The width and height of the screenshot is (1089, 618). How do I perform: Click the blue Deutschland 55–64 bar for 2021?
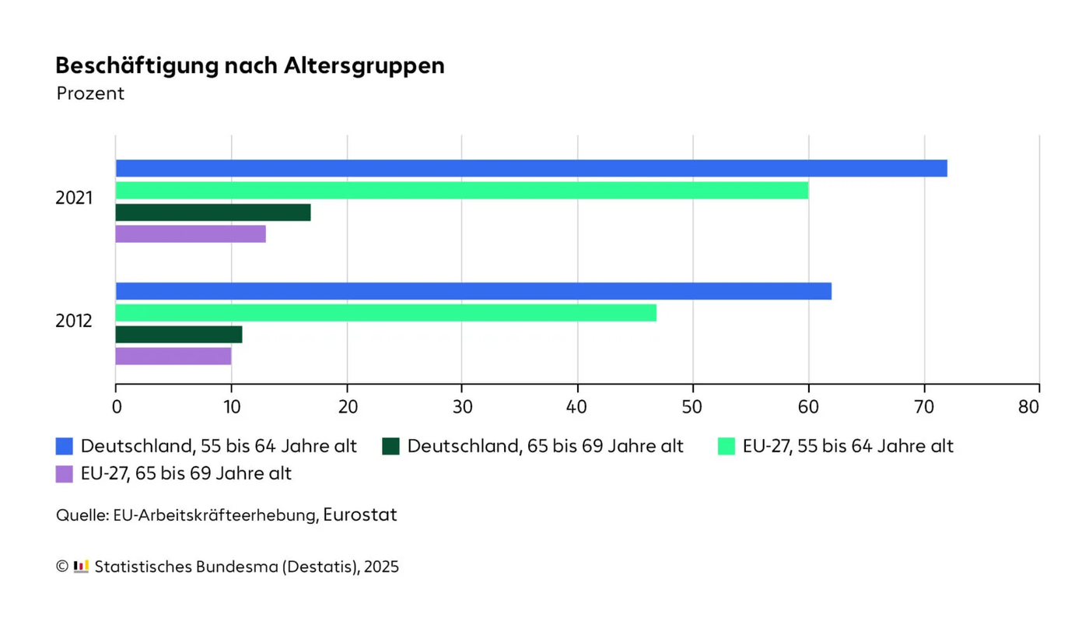click(531, 168)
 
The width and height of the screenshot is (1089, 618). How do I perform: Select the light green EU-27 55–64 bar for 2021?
click(462, 190)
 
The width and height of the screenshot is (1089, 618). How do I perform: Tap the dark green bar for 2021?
click(213, 212)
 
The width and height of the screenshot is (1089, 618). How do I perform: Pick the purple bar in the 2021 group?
click(191, 234)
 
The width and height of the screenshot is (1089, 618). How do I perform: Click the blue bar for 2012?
click(473, 291)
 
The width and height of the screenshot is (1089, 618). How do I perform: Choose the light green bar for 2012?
click(386, 313)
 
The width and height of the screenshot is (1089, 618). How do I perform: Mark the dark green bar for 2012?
click(179, 335)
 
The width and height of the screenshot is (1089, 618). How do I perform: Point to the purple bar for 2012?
click(173, 356)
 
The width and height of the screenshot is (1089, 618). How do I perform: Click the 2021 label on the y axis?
click(74, 198)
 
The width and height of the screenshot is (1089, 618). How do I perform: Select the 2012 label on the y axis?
click(74, 321)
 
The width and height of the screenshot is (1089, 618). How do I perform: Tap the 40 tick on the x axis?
click(577, 407)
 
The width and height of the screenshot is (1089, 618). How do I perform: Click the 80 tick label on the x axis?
click(1029, 407)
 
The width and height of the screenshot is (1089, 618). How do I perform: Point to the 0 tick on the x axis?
click(117, 407)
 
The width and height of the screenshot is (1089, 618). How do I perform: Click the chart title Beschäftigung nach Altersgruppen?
click(250, 66)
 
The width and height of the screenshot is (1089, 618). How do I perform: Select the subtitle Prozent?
click(90, 93)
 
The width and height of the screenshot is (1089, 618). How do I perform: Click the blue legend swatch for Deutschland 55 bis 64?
click(65, 446)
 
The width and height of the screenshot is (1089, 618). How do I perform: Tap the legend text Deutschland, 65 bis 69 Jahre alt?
click(544, 446)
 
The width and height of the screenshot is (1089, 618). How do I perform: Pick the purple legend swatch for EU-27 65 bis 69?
click(65, 473)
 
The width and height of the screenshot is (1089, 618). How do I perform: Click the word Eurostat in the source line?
click(360, 514)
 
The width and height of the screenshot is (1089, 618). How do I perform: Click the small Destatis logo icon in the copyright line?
click(81, 567)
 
